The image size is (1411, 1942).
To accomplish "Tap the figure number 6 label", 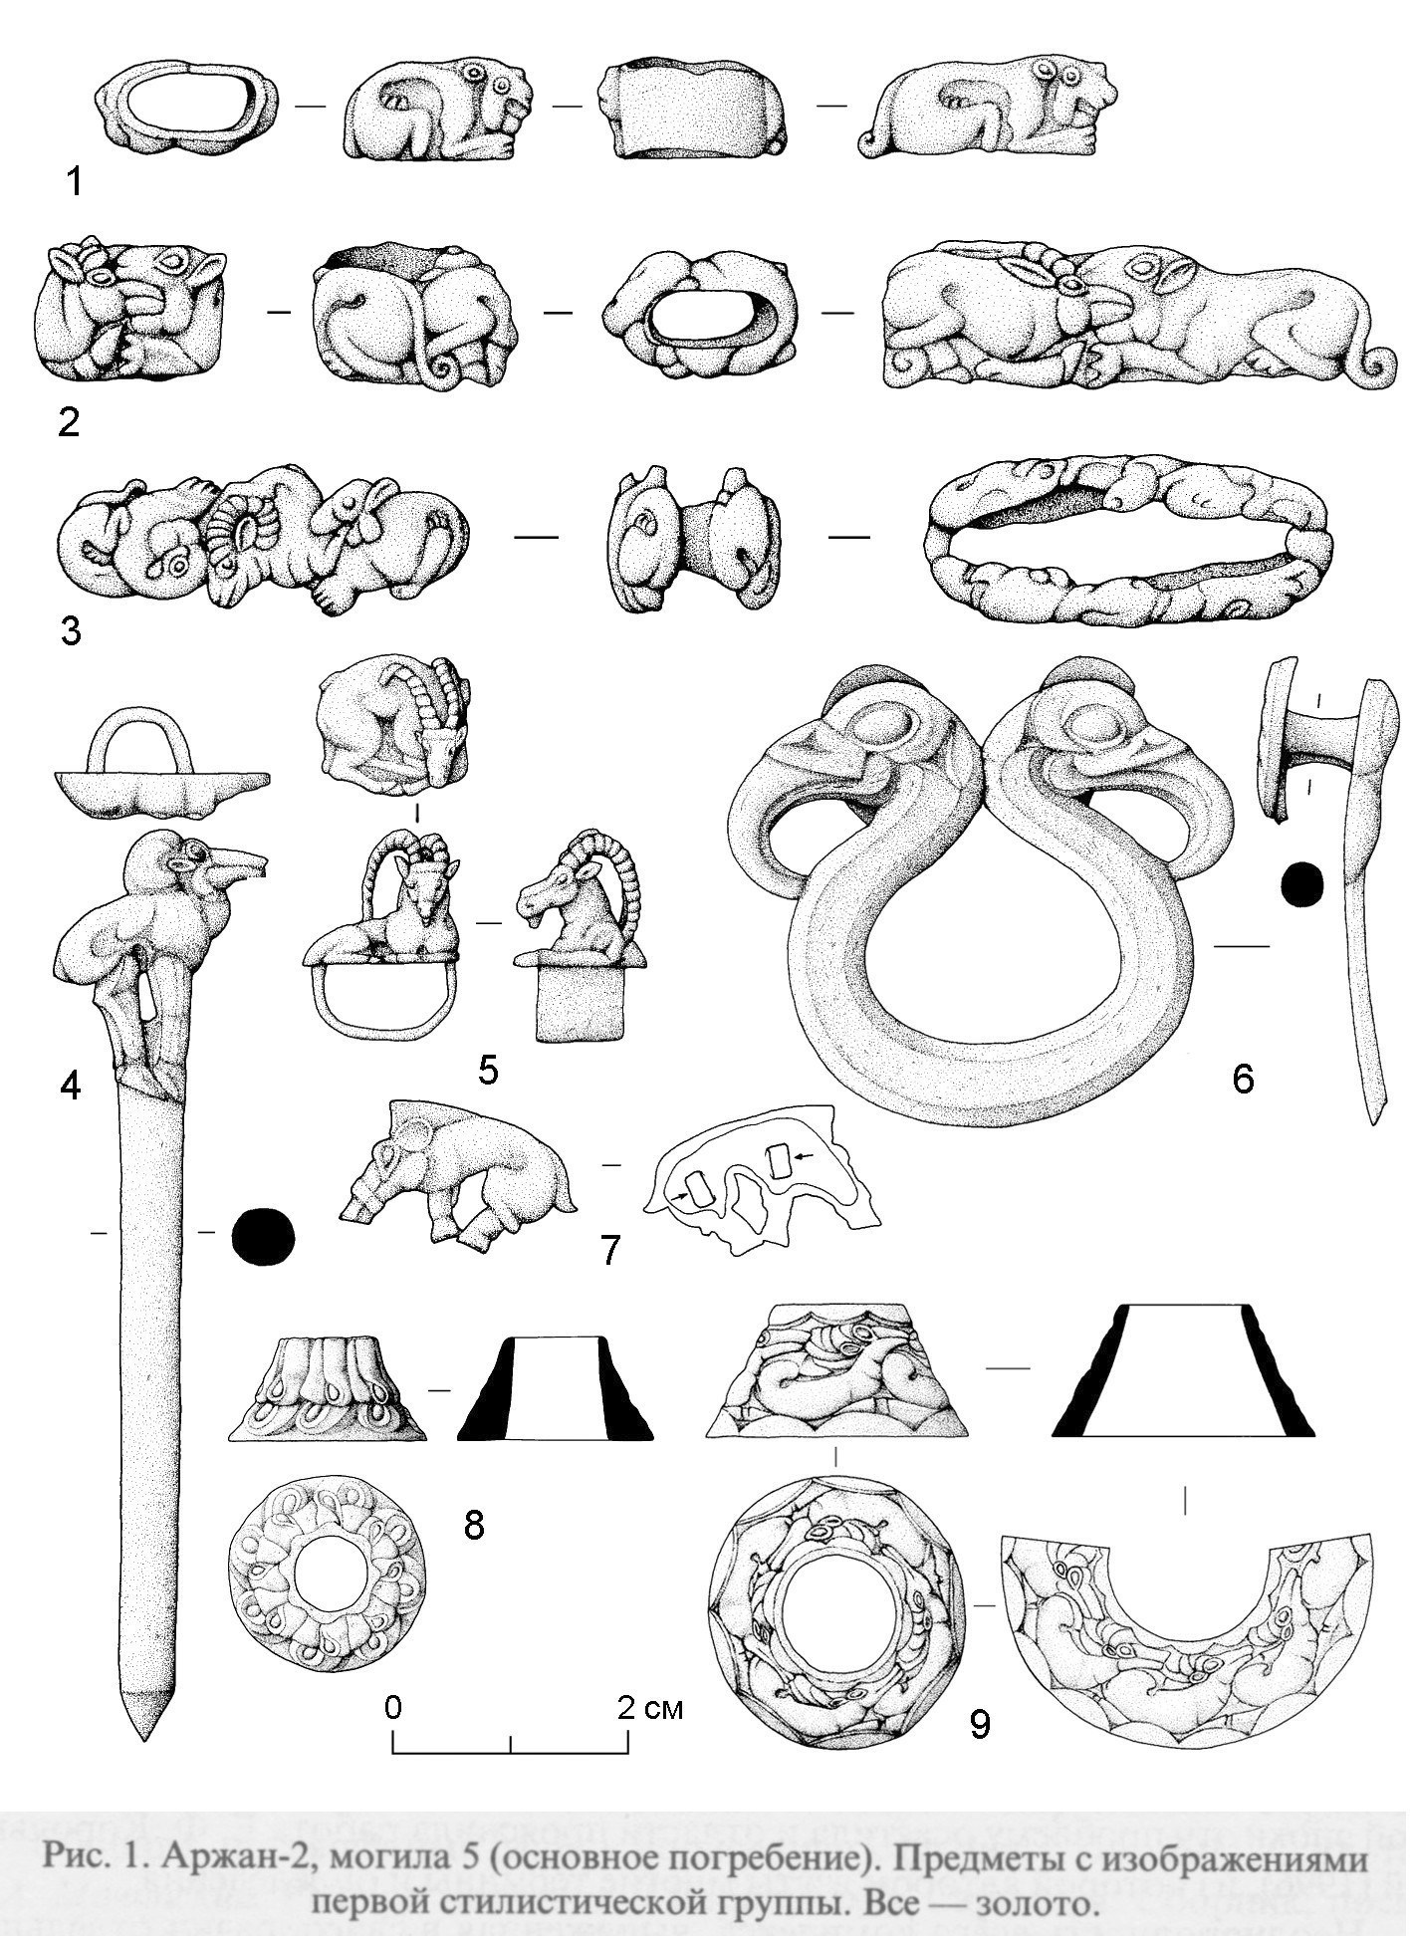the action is pyautogui.click(x=1243, y=1078).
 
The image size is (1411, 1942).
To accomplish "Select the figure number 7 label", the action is pyautogui.click(x=609, y=1250).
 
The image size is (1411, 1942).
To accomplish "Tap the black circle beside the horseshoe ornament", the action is pyautogui.click(x=1302, y=884).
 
